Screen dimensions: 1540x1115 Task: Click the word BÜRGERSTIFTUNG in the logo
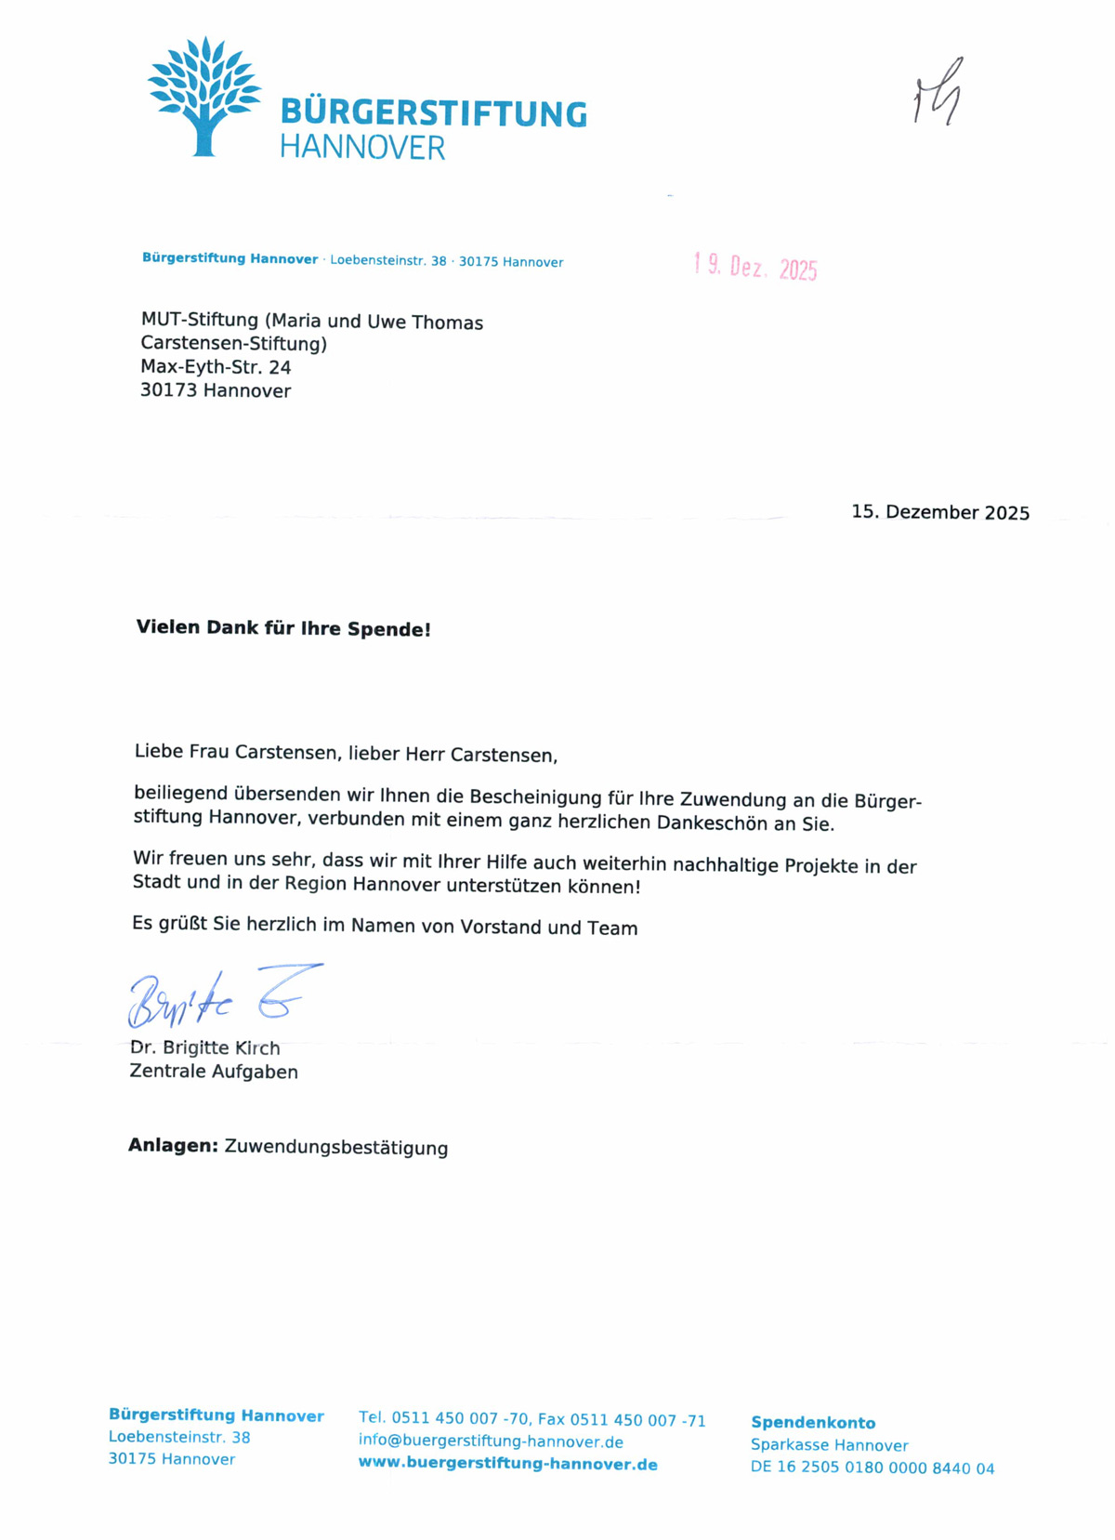tap(433, 113)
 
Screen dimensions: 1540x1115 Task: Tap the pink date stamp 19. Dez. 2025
tap(755, 267)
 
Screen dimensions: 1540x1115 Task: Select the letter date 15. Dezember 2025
tap(940, 512)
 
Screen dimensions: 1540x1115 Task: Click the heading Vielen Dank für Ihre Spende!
tap(283, 628)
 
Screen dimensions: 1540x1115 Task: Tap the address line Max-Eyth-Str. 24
tap(216, 367)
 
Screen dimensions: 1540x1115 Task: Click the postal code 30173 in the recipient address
tap(168, 390)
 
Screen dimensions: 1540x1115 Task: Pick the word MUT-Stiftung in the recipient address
tap(200, 320)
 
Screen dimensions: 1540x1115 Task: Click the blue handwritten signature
tap(223, 996)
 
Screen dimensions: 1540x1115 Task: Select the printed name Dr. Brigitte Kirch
tap(205, 1047)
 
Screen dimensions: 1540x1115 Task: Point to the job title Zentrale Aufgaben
tap(214, 1072)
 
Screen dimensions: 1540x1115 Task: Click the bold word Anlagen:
tap(173, 1146)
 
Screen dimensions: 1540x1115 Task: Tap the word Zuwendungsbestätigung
tap(336, 1148)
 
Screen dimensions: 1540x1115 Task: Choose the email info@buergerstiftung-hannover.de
tap(491, 1441)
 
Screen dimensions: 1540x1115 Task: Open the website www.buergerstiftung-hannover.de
tap(507, 1464)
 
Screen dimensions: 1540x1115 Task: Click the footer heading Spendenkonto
tap(813, 1422)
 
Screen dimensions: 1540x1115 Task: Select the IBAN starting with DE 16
tap(872, 1468)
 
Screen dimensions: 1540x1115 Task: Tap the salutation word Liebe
tap(159, 751)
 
